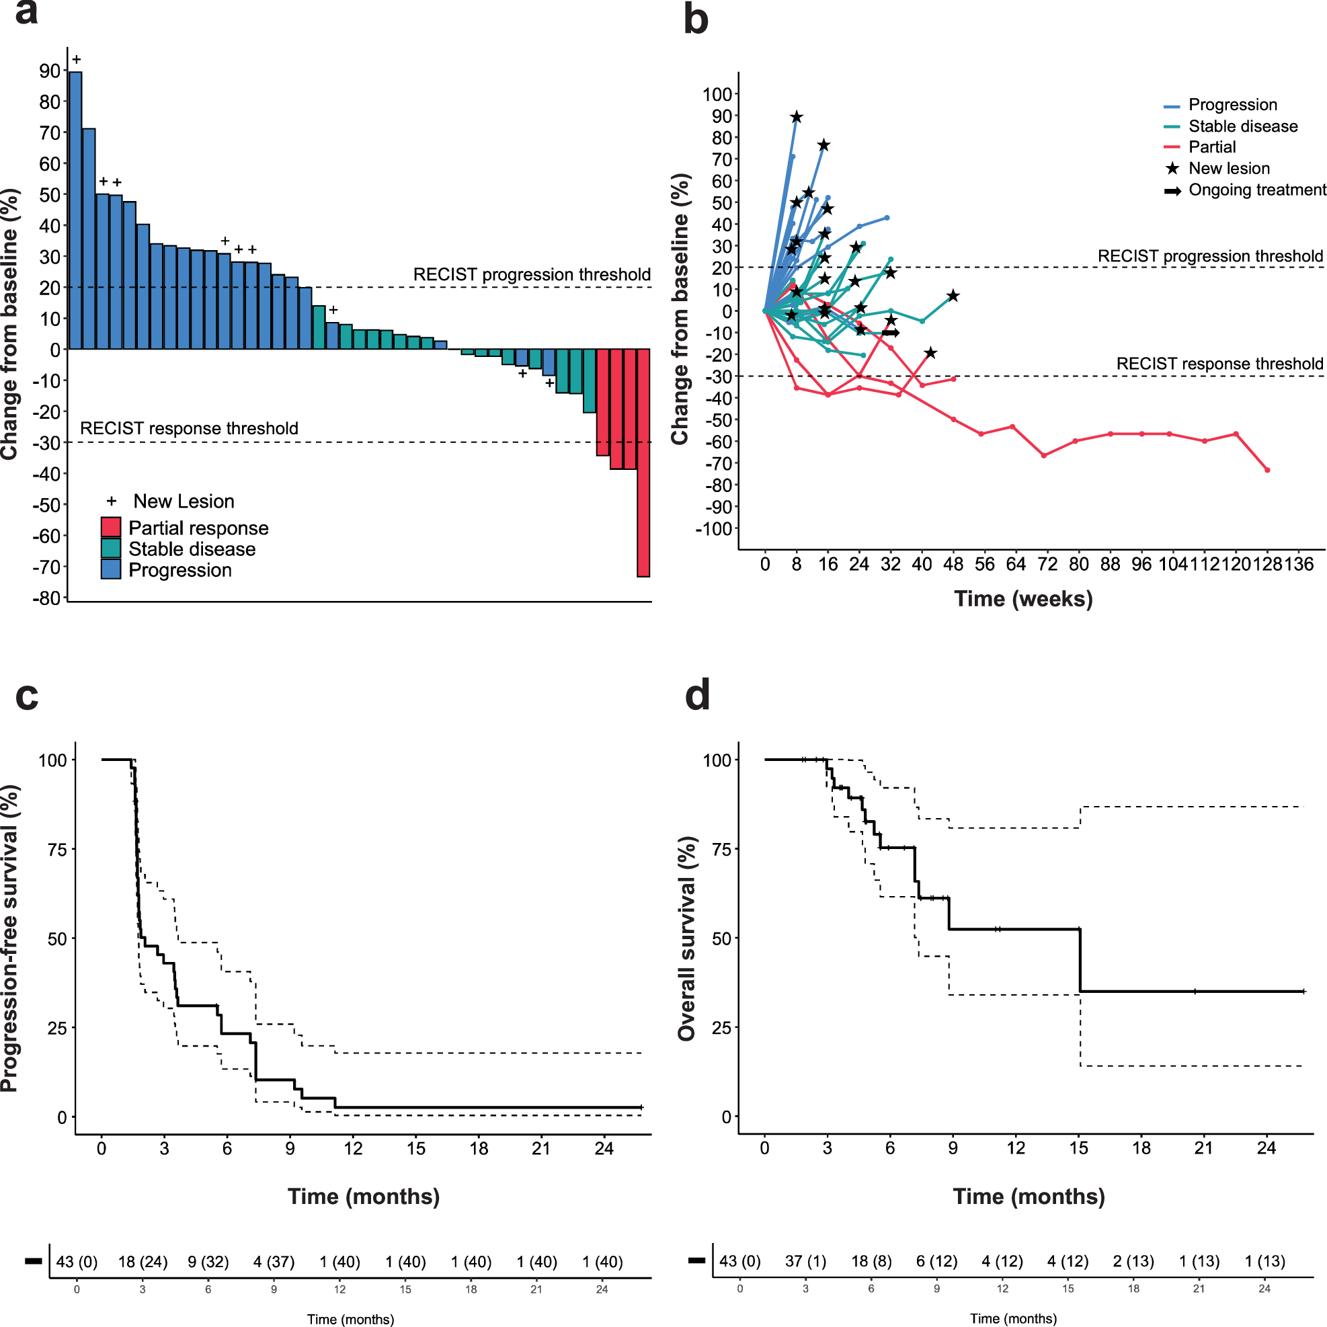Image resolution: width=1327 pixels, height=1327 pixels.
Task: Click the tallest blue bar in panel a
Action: (75, 210)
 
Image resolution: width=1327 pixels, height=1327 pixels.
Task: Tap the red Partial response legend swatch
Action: (110, 527)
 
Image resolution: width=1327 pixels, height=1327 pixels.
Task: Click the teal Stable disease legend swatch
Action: (110, 548)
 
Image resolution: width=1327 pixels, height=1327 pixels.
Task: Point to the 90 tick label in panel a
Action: (50, 71)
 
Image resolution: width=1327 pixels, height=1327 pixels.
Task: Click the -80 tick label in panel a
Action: (46, 598)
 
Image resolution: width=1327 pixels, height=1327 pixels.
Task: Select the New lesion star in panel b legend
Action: (1172, 168)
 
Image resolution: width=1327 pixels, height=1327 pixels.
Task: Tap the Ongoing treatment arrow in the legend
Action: (1172, 190)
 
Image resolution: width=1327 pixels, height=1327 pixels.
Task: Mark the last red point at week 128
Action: (1267, 470)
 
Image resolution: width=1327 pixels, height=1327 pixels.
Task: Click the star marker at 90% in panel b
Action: (796, 118)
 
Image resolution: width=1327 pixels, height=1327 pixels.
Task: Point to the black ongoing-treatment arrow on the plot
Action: (891, 333)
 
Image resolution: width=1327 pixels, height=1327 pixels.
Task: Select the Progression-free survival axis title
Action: (9, 938)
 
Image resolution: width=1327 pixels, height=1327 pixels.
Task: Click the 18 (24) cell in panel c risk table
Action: (143, 1262)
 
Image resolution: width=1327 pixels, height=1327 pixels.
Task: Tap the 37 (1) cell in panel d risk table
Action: (805, 1261)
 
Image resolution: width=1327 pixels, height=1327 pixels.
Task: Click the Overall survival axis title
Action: (687, 938)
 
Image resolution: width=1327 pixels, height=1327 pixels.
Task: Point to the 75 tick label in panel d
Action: (721, 849)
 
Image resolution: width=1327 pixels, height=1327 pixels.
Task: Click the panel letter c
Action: (27, 696)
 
